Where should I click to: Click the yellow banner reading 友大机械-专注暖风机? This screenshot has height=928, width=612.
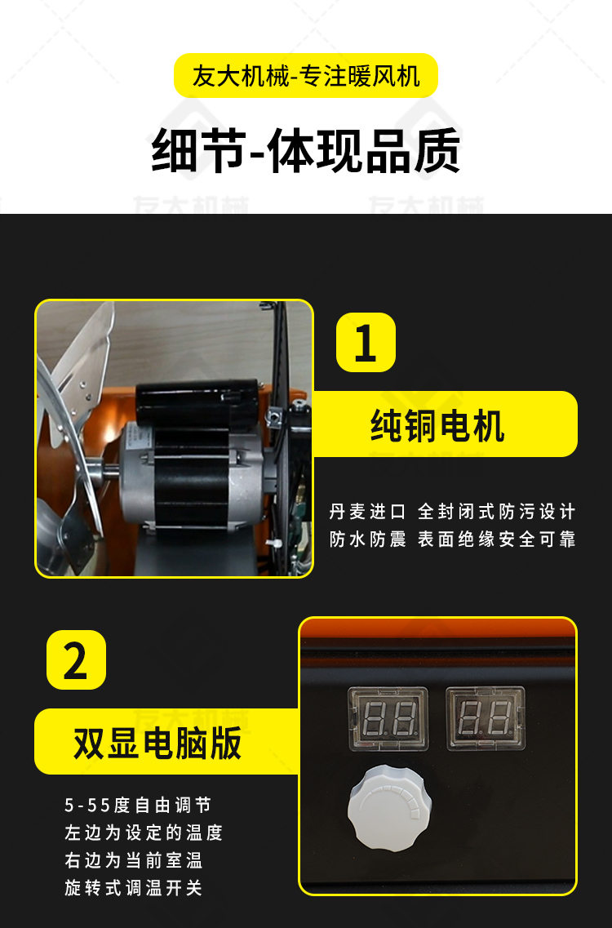click(306, 76)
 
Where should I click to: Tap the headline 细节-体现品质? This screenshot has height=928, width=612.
click(306, 151)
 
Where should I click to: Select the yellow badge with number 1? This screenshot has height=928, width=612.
click(366, 343)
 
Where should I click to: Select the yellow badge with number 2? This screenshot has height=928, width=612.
click(76, 659)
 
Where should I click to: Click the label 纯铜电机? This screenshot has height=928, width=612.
click(438, 424)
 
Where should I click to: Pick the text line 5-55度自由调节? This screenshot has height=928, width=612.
click(138, 806)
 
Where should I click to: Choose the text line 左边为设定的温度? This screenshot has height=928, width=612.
click(144, 833)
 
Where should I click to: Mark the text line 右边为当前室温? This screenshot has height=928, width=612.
click(134, 860)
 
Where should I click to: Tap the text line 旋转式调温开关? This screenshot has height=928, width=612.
click(134, 888)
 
